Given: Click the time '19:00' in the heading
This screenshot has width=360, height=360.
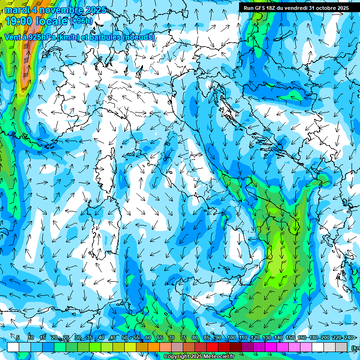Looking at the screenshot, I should click(18, 21).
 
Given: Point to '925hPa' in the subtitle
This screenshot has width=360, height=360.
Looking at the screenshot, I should click(40, 37).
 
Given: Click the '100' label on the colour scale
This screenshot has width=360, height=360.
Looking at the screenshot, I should click(231, 337).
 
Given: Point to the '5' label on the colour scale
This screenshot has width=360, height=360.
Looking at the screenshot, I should click(18, 337).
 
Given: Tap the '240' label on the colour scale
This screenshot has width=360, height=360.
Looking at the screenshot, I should click(348, 337).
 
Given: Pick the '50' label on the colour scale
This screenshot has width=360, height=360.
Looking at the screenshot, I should click(124, 337).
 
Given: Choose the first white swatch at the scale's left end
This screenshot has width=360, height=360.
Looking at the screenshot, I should click(13, 347).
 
